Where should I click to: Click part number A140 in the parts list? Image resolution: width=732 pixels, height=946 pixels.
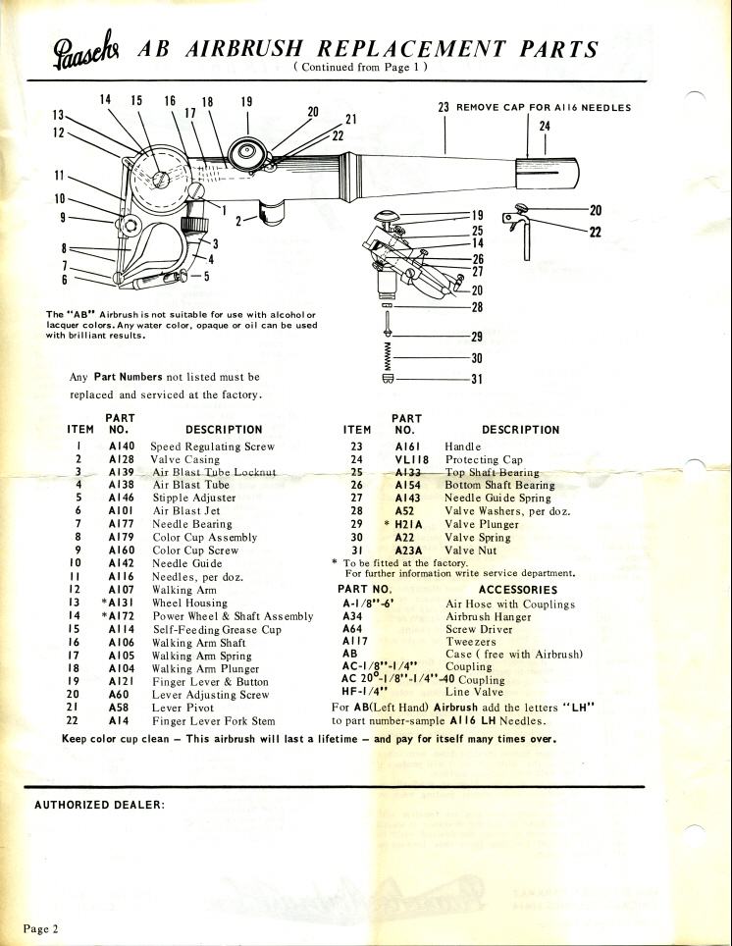[x=121, y=447]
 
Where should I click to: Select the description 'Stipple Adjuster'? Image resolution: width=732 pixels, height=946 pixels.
[x=193, y=498]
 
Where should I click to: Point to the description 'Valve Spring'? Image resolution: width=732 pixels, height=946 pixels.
[x=478, y=537]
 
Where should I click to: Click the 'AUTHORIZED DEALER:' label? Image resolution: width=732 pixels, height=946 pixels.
[x=99, y=805]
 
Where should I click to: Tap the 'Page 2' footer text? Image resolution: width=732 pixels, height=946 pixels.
[x=42, y=927]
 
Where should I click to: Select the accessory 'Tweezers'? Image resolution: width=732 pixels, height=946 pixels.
[x=470, y=641]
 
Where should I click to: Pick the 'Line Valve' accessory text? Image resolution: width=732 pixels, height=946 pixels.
[x=475, y=692]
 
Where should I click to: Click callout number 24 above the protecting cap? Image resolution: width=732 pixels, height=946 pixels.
[x=545, y=126]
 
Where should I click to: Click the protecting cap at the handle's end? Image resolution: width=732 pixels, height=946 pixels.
[x=549, y=176]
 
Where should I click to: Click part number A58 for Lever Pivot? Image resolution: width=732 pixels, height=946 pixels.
[x=121, y=706]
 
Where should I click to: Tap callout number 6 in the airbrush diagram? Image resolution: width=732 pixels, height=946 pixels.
[x=65, y=280]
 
